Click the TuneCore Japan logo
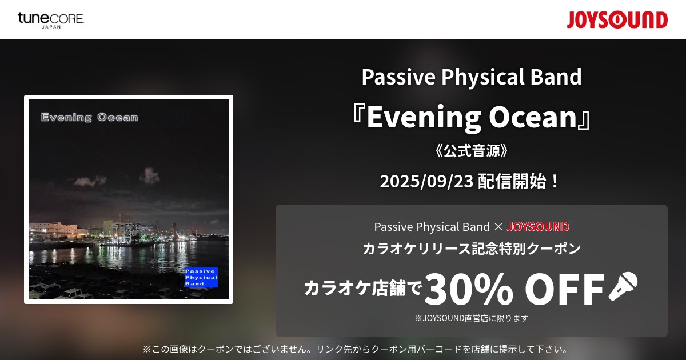tap(51, 21)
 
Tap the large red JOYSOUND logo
tap(617, 20)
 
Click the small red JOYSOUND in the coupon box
tap(538, 227)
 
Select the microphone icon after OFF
tap(623, 286)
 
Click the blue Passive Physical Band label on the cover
tap(201, 277)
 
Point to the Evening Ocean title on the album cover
tap(89, 117)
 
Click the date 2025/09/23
tap(426, 181)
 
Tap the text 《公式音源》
tap(471, 151)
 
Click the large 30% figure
tap(469, 289)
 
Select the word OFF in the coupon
tap(564, 289)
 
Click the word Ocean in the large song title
tap(533, 117)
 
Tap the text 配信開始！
tap(519, 181)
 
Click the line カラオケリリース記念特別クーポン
tap(472, 248)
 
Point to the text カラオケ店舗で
tap(363, 288)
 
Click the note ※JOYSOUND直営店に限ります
tap(472, 318)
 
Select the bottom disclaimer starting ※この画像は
tap(355, 349)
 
